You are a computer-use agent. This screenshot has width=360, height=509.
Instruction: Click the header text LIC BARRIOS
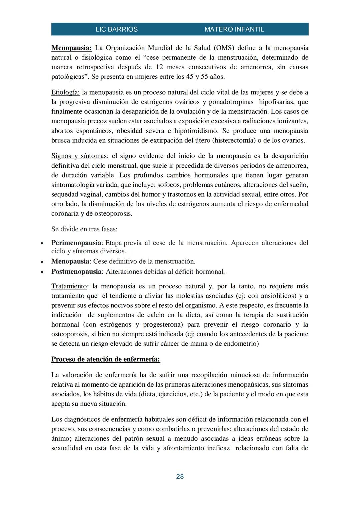tap(116, 29)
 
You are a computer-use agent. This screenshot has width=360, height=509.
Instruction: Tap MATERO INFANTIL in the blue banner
tap(234, 29)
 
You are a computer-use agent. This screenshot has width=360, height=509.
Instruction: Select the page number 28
tap(180, 477)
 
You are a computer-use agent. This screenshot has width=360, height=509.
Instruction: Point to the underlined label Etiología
tap(65, 92)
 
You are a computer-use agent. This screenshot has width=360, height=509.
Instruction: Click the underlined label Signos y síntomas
tap(79, 156)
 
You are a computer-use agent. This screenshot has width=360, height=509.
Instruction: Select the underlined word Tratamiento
tap(69, 286)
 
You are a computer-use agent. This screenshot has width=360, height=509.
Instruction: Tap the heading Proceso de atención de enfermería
tap(105, 359)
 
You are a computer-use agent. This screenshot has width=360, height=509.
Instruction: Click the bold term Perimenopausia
tap(76, 243)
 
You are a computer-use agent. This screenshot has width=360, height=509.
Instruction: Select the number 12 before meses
tap(159, 67)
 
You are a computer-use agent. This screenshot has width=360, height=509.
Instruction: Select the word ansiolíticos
tap(277, 296)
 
